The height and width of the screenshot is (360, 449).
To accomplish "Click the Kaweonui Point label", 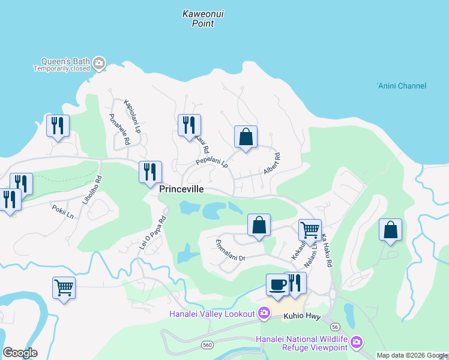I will click(x=203, y=18).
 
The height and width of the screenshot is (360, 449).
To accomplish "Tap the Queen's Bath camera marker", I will click(x=100, y=61).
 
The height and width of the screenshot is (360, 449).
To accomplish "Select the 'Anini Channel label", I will click(x=402, y=86).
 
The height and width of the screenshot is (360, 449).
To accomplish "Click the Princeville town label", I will click(x=182, y=189).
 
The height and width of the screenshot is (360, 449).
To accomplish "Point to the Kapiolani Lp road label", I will click(x=132, y=116).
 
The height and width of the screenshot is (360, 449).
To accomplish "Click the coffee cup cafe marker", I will click(x=278, y=284).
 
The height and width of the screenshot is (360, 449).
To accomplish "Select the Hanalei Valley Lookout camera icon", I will click(x=263, y=313).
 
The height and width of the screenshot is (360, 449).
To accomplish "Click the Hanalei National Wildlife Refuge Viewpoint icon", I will click(x=357, y=343).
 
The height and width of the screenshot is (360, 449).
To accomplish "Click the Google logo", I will click(x=20, y=352).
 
